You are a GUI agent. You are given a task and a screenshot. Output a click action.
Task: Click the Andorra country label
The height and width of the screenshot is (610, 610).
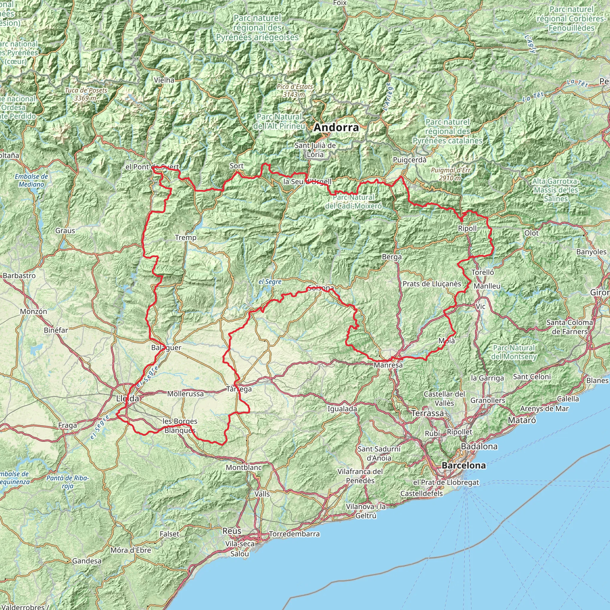pos(336,127)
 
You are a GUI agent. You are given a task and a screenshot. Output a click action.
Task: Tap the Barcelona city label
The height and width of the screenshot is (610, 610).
pos(463,466)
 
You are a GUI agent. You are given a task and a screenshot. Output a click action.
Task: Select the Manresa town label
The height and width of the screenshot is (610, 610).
pos(388,365)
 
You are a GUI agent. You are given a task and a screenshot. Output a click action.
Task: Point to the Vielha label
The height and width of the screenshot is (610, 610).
pos(164,80)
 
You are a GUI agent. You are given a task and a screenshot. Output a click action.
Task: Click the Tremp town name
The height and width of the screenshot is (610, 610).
pos(186,237)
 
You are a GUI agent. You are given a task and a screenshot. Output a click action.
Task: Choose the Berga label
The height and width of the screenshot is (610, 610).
pos(392,257)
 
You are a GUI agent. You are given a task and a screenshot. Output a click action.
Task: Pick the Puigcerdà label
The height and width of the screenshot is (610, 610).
pos(410,160)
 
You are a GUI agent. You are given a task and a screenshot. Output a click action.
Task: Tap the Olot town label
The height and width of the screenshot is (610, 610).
pos(531,233)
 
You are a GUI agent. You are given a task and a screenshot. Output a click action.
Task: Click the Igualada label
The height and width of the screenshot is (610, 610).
pos(342,409)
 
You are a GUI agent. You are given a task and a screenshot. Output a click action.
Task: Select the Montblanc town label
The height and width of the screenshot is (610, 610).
pos(244,467)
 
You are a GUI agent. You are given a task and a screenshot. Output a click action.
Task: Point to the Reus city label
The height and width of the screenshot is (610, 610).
pos(232,531)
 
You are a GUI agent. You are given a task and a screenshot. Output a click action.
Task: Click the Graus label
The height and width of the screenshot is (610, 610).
pos(65,231)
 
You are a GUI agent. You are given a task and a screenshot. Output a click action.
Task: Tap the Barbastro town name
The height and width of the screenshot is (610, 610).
pos(19,276)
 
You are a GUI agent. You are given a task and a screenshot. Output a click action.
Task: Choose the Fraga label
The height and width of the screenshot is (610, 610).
pos(68,425)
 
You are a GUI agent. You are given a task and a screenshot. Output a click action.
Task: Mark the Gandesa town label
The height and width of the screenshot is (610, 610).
pos(87,561)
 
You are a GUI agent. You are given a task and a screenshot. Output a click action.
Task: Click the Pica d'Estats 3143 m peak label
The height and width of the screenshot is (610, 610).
pos(295,90)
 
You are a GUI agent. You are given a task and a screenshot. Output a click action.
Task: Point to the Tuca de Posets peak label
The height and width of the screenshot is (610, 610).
pos(86,94)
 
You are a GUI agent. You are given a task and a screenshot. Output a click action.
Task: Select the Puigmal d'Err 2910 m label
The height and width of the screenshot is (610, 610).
pos(451,174)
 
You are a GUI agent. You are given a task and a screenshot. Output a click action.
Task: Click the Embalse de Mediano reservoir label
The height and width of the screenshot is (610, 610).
pos(31,180)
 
